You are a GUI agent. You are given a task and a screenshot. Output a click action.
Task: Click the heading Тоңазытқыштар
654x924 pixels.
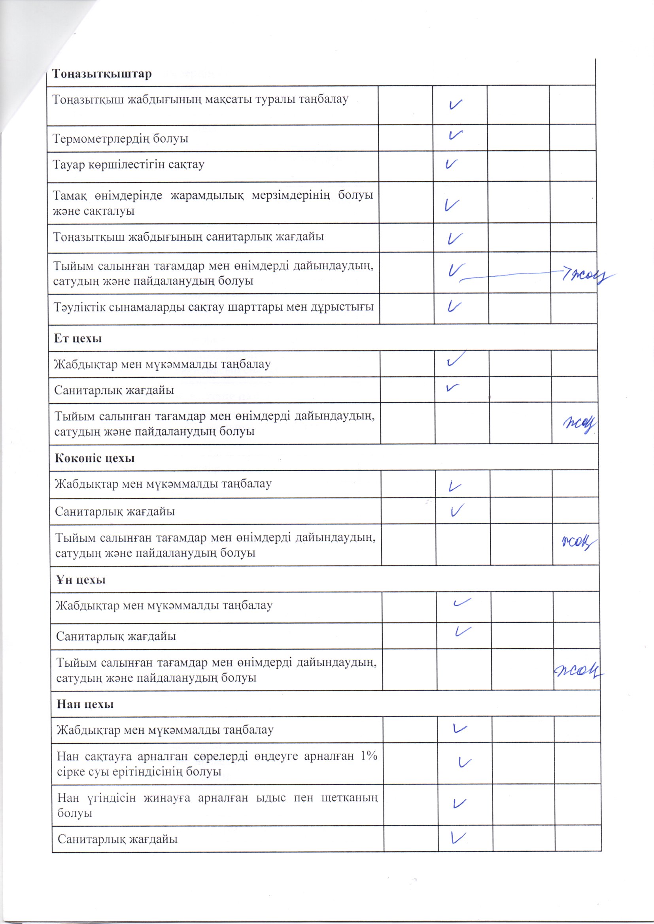pyautogui.click(x=102, y=74)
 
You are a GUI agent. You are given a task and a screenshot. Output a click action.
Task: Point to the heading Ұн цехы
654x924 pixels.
pyautogui.click(x=81, y=580)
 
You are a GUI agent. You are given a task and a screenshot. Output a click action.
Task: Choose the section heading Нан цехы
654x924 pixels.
pyautogui.click(x=85, y=704)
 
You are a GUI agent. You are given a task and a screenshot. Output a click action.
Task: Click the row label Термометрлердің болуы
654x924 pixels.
pyautogui.click(x=121, y=139)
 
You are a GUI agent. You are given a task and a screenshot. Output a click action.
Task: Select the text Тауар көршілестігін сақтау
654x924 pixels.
pyautogui.click(x=129, y=164)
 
